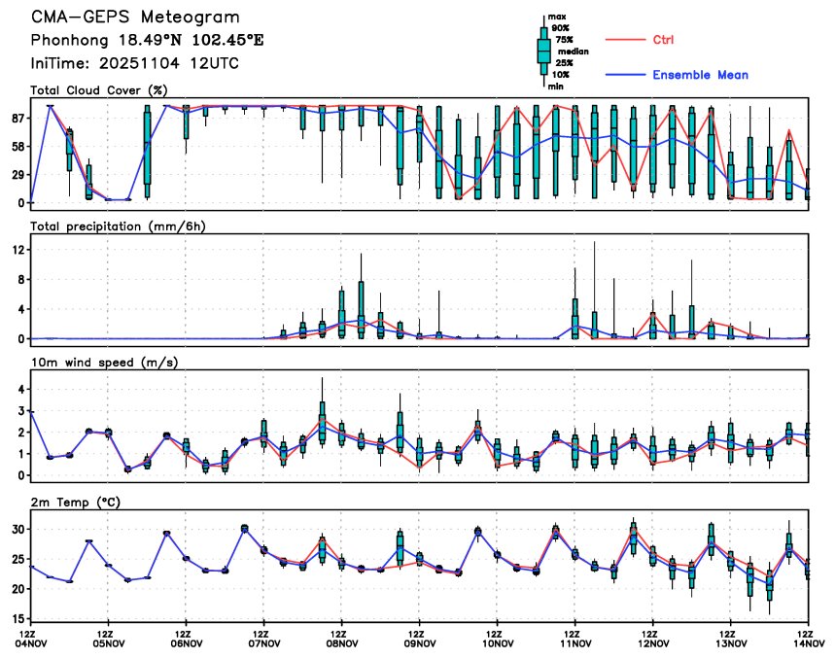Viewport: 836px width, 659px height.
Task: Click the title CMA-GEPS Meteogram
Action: click(134, 17)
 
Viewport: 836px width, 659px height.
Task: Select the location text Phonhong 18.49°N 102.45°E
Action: click(147, 41)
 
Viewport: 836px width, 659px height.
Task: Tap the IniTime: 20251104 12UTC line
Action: click(134, 63)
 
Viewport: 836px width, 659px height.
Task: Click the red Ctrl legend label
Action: click(663, 40)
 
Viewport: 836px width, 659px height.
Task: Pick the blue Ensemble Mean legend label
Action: click(700, 75)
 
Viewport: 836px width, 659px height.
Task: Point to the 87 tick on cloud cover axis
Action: click(18, 118)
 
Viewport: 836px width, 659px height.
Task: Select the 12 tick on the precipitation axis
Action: click(18, 250)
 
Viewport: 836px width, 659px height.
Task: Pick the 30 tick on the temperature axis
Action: click(18, 530)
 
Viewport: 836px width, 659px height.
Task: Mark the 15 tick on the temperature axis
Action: click(18, 618)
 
